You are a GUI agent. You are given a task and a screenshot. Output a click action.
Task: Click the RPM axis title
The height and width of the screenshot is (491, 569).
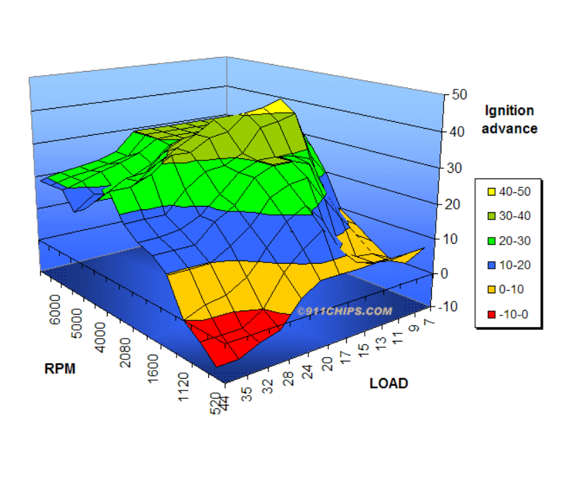pos(60,368)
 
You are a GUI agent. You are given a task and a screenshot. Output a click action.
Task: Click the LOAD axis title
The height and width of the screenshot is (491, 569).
pos(388,383)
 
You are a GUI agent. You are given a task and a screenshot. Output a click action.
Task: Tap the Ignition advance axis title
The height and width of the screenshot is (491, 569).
pos(510,119)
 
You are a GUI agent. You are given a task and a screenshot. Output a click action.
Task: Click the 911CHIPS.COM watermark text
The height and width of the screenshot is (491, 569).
pos(345,311)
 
